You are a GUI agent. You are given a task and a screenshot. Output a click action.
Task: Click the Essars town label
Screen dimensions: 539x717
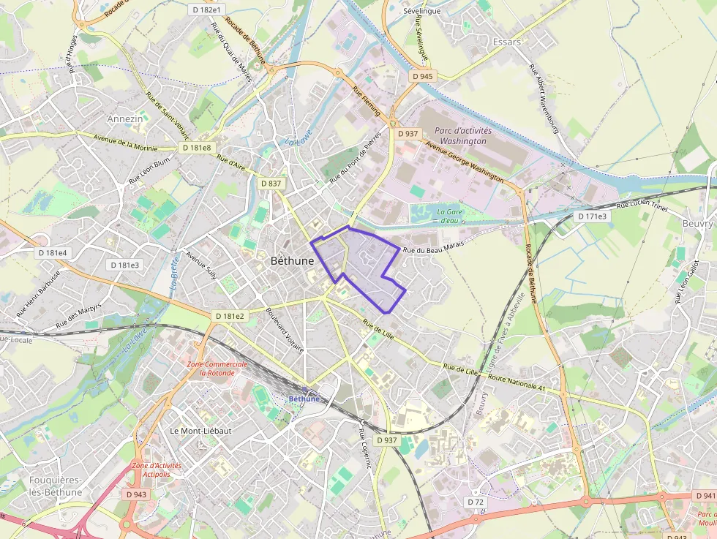pyautogui.click(x=507, y=42)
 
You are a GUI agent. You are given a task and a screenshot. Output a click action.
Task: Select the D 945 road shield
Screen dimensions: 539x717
pyautogui.click(x=422, y=76)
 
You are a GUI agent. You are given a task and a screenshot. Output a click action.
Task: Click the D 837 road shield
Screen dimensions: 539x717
pyautogui.click(x=271, y=183)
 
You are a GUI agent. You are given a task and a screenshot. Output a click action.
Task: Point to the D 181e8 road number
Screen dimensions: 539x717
pyautogui.click(x=196, y=148)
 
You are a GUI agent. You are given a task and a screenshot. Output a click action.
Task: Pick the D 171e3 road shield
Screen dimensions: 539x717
pyautogui.click(x=591, y=216)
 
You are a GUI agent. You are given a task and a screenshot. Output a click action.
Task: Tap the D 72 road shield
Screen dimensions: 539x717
pyautogui.click(x=476, y=502)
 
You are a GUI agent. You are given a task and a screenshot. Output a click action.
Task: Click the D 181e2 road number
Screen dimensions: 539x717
pyautogui.click(x=230, y=316)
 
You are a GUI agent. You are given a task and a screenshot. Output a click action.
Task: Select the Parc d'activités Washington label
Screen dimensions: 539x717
pyautogui.click(x=461, y=135)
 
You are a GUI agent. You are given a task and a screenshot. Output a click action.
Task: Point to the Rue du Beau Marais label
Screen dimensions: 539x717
pyautogui.click(x=434, y=251)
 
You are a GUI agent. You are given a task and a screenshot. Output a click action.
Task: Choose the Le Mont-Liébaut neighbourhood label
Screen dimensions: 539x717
pyautogui.click(x=200, y=431)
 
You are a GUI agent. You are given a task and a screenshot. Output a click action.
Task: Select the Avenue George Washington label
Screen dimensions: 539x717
pyautogui.click(x=464, y=162)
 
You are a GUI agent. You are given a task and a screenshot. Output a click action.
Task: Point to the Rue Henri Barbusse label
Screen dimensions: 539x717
pyautogui.click(x=38, y=292)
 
